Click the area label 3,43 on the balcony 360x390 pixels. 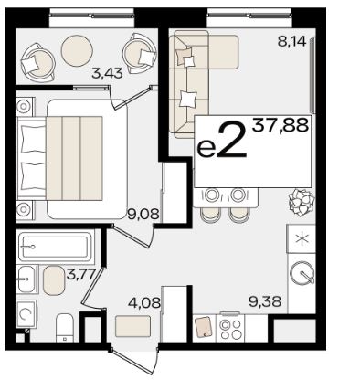pyautogui.click(x=107, y=73)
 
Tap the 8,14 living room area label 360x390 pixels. pyautogui.click(x=291, y=41)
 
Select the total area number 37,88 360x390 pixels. pyautogui.click(x=281, y=125)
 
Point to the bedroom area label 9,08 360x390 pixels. pyautogui.click(x=143, y=215)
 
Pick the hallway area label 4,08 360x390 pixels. pyautogui.click(x=144, y=303)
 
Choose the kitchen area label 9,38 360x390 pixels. pyautogui.click(x=265, y=301)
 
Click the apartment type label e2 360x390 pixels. pyautogui.click(x=222, y=141)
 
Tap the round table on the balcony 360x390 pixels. pyautogui.click(x=77, y=51)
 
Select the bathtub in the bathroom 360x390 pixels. pyautogui.click(x=55, y=247)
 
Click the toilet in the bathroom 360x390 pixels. pyautogui.click(x=65, y=328)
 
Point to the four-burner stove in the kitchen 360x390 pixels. pyautogui.click(x=230, y=329)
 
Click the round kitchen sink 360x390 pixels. pyautogui.click(x=302, y=273)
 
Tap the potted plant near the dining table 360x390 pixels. pyautogui.click(x=301, y=203)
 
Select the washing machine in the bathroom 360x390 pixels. pyautogui.click(x=26, y=313)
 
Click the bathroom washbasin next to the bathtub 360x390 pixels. pyautogui.click(x=27, y=279)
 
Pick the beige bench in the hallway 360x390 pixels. pyautogui.click(x=133, y=326)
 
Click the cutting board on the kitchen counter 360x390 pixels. pyautogui.click(x=203, y=327)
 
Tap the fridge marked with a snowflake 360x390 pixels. pyautogui.click(x=302, y=238)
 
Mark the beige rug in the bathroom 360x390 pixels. pyautogui.click(x=54, y=280)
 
